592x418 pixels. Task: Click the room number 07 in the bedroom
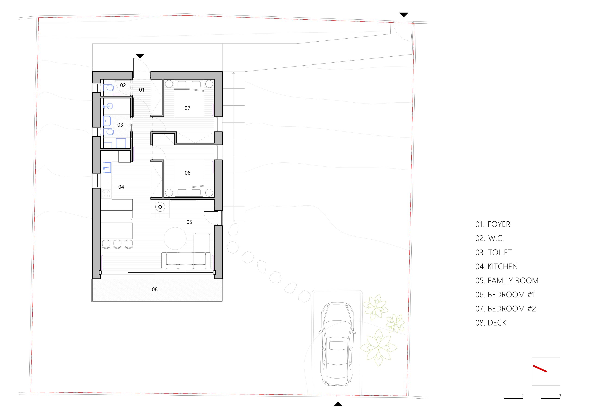click(x=188, y=108)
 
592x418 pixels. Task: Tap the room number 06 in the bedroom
click(x=188, y=173)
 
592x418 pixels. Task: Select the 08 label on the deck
click(x=155, y=289)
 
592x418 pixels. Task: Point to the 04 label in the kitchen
click(x=121, y=187)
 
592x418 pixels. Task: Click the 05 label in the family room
click(x=189, y=222)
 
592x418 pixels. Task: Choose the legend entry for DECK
click(x=497, y=323)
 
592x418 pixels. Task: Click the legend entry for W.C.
click(x=496, y=238)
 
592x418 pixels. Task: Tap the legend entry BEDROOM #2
click(x=512, y=308)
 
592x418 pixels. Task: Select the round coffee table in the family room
click(x=175, y=238)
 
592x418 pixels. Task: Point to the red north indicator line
click(x=540, y=369)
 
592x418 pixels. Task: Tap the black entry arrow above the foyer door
click(x=140, y=56)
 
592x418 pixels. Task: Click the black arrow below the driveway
click(x=338, y=404)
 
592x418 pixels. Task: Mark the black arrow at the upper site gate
click(x=404, y=15)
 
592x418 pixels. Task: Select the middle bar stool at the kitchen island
click(x=117, y=244)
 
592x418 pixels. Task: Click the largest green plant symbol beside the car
click(x=379, y=348)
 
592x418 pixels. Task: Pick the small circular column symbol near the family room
click(x=160, y=207)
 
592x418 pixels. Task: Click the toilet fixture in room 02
click(x=108, y=88)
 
